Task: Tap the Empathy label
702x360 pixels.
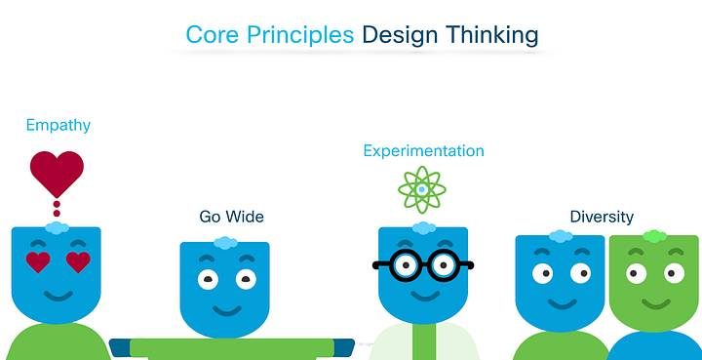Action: point(58,125)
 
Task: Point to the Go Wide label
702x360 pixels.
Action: point(231,216)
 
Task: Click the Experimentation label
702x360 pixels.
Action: point(423,151)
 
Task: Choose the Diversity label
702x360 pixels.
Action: point(602,217)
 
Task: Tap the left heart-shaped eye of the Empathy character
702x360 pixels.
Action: point(38,261)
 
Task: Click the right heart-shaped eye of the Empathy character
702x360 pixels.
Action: point(78,261)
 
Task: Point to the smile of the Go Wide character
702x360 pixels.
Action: point(226,310)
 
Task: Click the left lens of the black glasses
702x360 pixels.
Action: point(401,264)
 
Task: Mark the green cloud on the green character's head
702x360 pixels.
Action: point(654,235)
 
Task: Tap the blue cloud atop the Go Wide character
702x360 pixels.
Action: point(225,242)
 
